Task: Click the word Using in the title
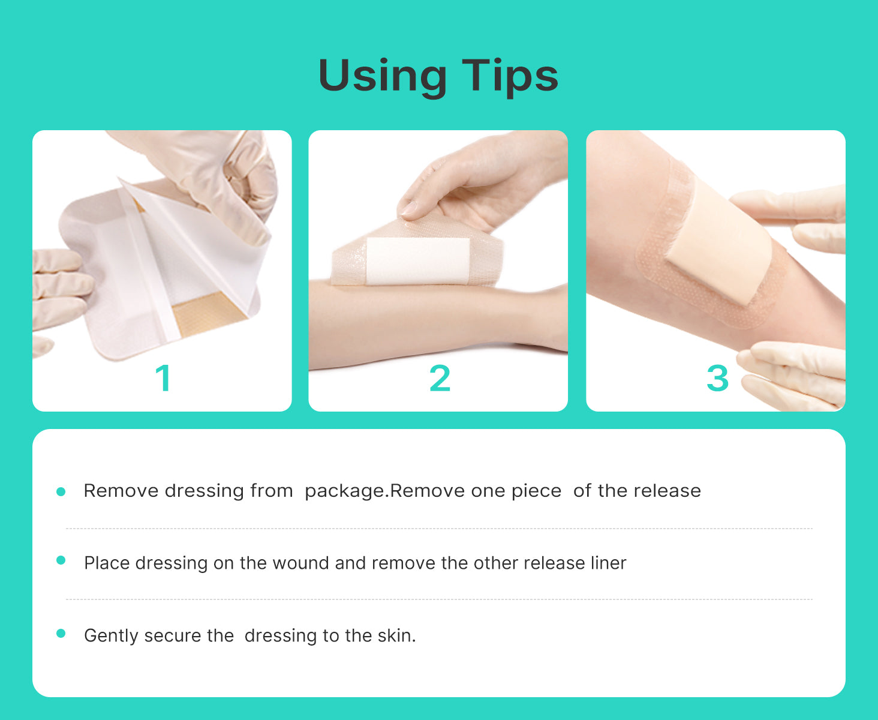point(383,77)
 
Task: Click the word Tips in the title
point(510,77)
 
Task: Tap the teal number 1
point(163,378)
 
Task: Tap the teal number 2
point(440,378)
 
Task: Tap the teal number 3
point(718,378)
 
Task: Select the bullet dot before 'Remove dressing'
point(61,492)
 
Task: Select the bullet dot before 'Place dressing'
point(61,560)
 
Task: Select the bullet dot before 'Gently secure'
point(61,634)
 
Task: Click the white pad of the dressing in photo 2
point(417,262)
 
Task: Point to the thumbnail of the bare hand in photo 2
point(410,208)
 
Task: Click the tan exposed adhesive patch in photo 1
point(206,313)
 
